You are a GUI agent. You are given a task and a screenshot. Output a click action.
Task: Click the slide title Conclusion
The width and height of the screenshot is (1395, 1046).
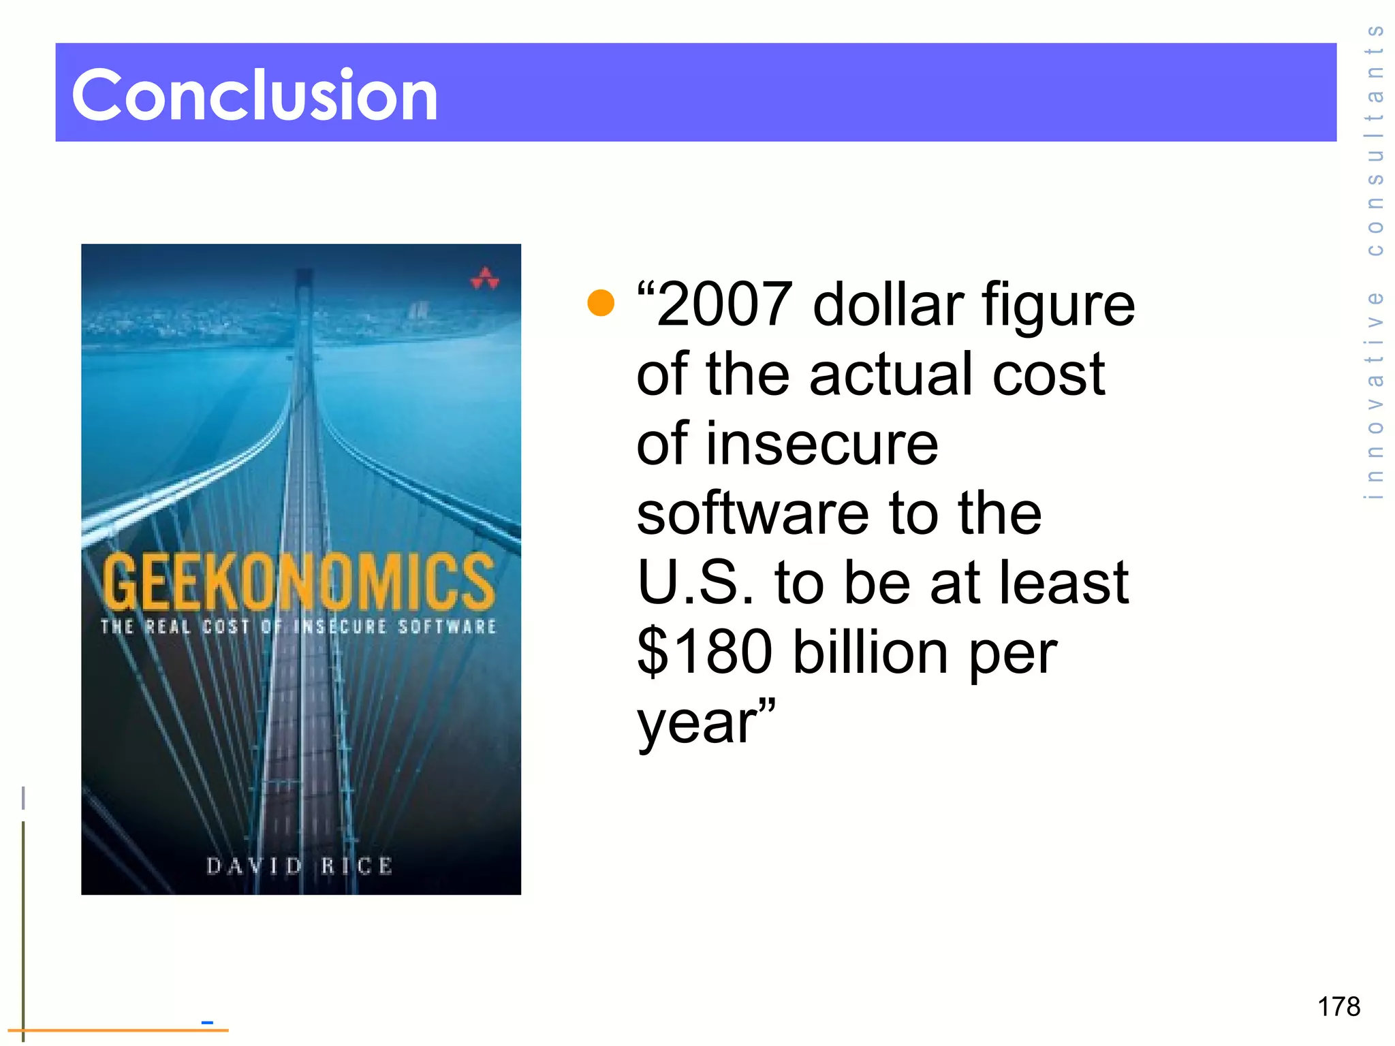tap(255, 95)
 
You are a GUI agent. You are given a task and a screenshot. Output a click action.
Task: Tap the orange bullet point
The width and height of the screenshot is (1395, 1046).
tap(601, 302)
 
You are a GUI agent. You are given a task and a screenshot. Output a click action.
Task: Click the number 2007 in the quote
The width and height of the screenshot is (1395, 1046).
tap(725, 304)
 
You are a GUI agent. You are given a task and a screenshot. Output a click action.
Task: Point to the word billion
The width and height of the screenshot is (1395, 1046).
tap(871, 652)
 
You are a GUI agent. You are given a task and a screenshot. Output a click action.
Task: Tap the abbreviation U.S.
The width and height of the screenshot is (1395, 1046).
tap(695, 582)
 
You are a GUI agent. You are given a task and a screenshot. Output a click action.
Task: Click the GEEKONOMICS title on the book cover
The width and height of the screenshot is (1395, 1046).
tap(298, 582)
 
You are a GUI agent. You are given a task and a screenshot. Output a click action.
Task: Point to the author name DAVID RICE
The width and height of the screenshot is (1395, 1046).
tap(300, 866)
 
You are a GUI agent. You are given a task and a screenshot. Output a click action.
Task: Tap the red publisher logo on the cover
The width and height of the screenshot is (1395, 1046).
tap(485, 279)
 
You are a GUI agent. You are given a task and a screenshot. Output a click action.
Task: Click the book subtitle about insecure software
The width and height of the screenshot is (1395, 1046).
tap(298, 627)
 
